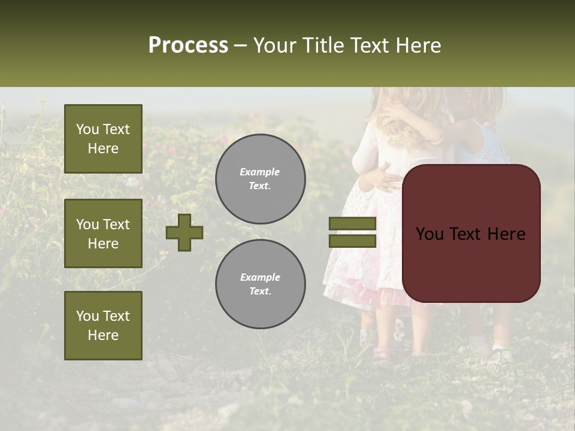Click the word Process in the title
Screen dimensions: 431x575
pyautogui.click(x=188, y=45)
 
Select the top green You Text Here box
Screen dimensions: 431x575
pyautogui.click(x=103, y=139)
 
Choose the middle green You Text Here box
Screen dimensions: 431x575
pyautogui.click(x=103, y=233)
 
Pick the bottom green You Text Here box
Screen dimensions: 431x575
pyautogui.click(x=103, y=326)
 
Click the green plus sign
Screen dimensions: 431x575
pyautogui.click(x=184, y=232)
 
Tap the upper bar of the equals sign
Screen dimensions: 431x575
pyautogui.click(x=353, y=223)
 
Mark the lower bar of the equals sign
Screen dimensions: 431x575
pyautogui.click(x=353, y=241)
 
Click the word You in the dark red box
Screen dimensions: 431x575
pyautogui.click(x=429, y=234)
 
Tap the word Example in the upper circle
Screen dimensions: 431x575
pyautogui.click(x=260, y=172)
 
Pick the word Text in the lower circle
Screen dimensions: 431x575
pyautogui.click(x=260, y=292)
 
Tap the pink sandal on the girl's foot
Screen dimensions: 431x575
pyautogui.click(x=384, y=354)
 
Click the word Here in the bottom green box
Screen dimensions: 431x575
pyautogui.click(x=103, y=335)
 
